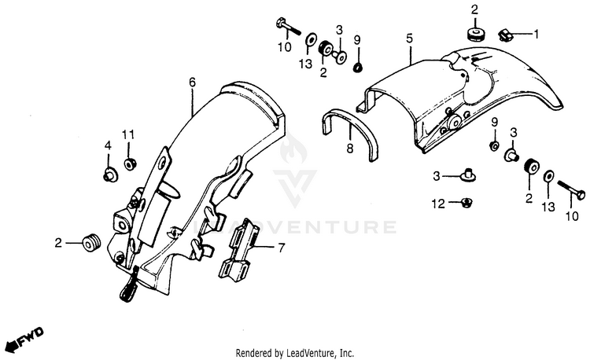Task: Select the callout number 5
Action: pos(409,37)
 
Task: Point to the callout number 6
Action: pos(192,81)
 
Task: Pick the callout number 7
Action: pos(280,248)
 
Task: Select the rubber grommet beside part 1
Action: pos(475,34)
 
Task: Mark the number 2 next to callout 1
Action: pos(474,9)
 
